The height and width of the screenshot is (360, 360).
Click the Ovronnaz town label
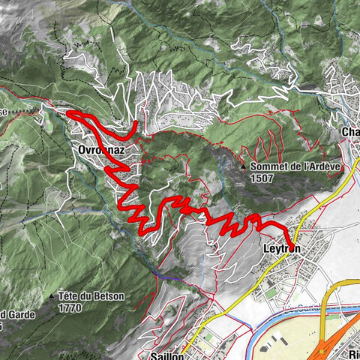click(99, 150)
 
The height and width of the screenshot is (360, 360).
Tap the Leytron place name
click(282, 247)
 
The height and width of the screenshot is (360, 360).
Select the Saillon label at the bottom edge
click(166, 355)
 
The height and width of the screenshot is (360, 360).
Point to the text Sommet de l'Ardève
click(288, 166)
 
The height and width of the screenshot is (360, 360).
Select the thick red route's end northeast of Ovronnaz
click(136, 122)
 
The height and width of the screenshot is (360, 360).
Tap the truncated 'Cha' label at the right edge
click(350, 133)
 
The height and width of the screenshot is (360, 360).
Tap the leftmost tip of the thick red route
click(69, 112)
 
